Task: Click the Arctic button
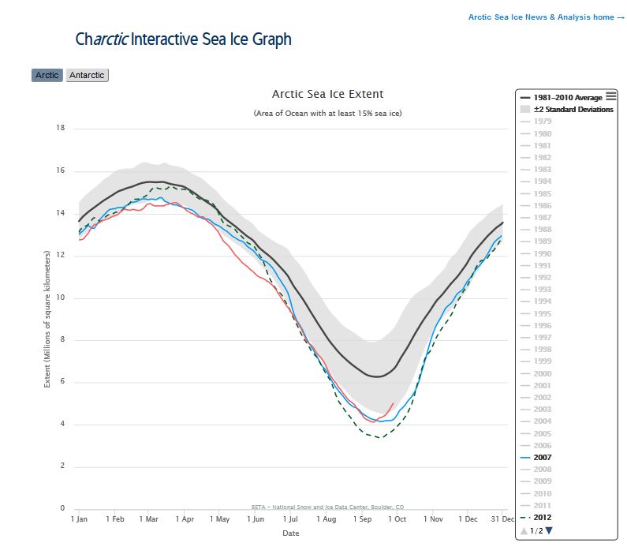pyautogui.click(x=47, y=75)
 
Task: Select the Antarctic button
pyautogui.click(x=87, y=75)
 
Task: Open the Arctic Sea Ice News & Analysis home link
pyautogui.click(x=546, y=17)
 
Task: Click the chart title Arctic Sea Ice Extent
pyautogui.click(x=327, y=94)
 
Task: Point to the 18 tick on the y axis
pyautogui.click(x=59, y=128)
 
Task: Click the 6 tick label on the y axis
pyautogui.click(x=62, y=382)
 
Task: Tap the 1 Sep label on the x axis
pyautogui.click(x=363, y=519)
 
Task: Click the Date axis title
pyautogui.click(x=291, y=533)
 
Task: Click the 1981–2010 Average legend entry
pyautogui.click(x=567, y=97)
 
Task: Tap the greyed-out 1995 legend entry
pyautogui.click(x=542, y=313)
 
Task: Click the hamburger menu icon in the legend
pyautogui.click(x=611, y=95)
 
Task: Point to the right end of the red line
pyautogui.click(x=394, y=402)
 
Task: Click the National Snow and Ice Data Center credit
pyautogui.click(x=327, y=507)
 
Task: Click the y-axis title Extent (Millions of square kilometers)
pyautogui.click(x=47, y=318)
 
